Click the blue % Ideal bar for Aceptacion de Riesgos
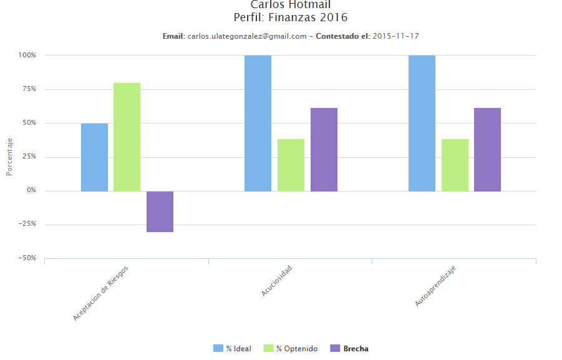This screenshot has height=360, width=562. point(94,157)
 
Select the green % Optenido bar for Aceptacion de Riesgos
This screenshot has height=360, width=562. point(127,137)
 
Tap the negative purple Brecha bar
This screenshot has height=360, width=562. point(160,212)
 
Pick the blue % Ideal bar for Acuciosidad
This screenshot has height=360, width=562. point(258,123)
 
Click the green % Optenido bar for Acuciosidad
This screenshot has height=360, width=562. point(291,165)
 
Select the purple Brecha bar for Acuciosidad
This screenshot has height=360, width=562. point(324,149)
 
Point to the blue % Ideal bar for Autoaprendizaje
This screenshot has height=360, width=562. point(422,123)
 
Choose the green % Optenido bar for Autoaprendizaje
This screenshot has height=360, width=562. point(455,165)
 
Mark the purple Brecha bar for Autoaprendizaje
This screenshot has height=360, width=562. point(487,149)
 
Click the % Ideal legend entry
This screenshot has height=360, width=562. point(233,349)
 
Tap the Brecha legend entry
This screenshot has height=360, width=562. point(349,349)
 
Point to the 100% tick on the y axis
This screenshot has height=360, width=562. point(27,55)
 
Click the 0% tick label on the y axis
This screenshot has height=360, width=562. point(31,190)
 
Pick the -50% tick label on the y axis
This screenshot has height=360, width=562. point(27,258)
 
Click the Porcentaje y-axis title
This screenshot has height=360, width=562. point(9,157)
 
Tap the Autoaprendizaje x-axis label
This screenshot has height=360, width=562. point(436,286)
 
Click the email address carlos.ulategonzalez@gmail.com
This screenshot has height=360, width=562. point(247,36)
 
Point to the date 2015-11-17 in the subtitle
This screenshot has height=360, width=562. point(396,36)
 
